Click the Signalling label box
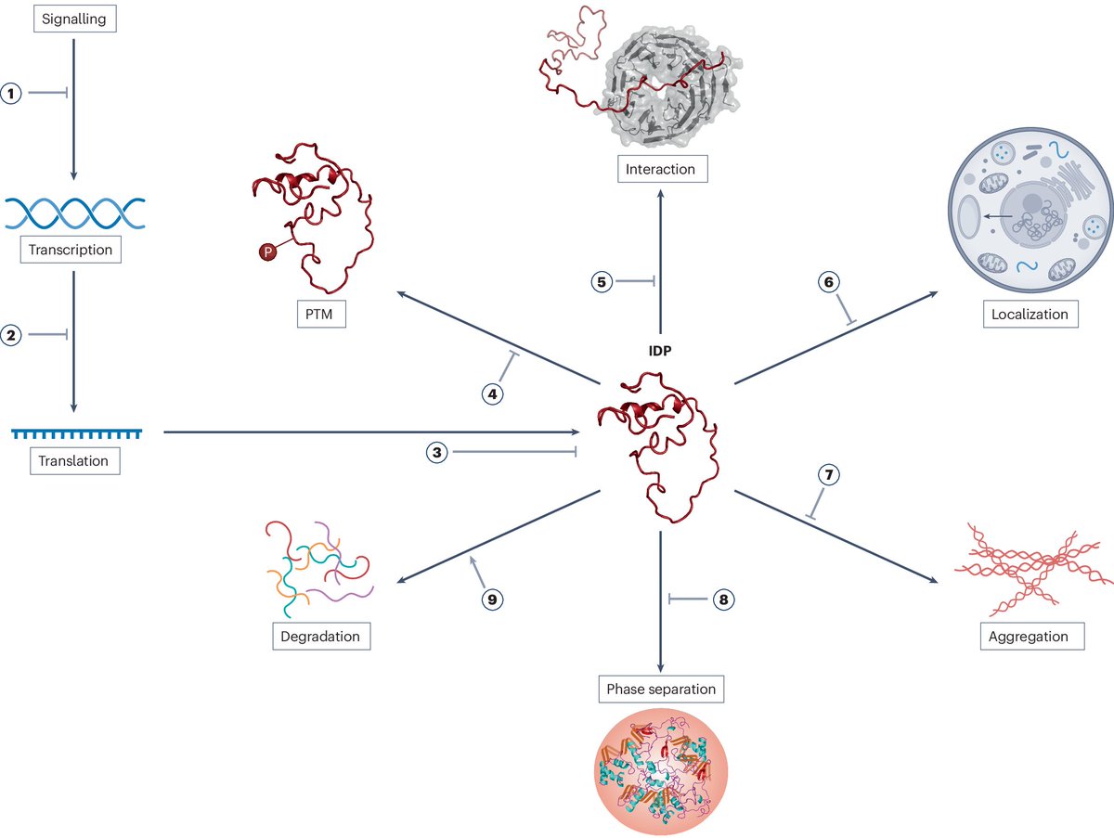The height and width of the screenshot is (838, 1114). (73, 18)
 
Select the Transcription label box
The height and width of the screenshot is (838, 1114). (71, 250)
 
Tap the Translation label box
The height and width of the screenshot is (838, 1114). (73, 460)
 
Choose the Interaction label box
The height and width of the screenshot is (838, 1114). (660, 169)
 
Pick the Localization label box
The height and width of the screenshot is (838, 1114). (1030, 314)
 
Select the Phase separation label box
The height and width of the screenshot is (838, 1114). (660, 690)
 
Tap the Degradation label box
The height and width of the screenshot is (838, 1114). (320, 637)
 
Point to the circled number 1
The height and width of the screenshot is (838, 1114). (12, 94)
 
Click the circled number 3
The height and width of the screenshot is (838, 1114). (437, 453)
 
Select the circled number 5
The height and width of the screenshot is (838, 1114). (603, 282)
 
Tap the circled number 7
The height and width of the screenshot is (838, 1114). (829, 475)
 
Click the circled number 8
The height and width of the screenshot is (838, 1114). (723, 599)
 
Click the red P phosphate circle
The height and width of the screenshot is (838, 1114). (266, 251)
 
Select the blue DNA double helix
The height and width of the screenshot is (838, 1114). (74, 213)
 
